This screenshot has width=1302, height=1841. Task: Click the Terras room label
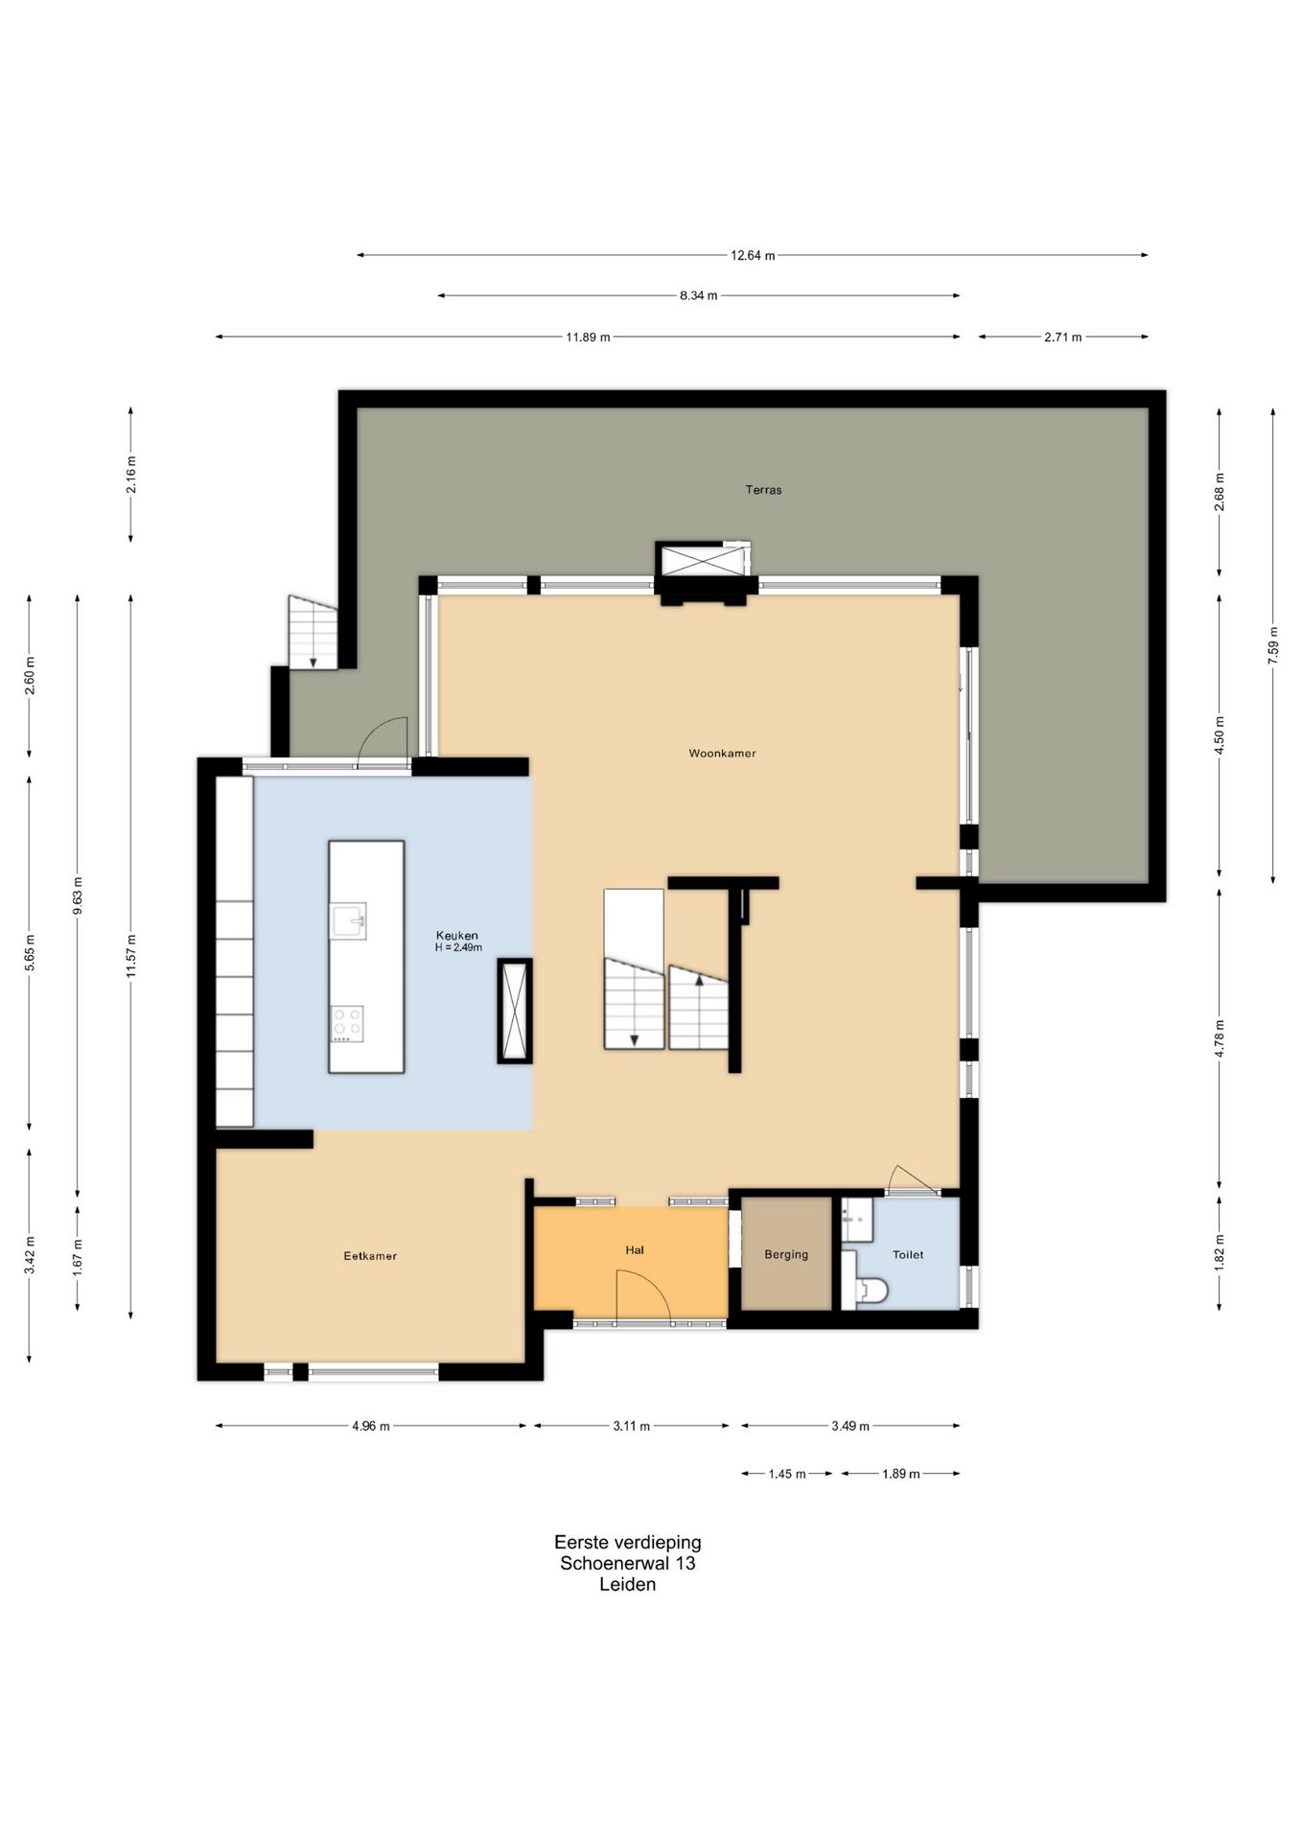tap(763, 490)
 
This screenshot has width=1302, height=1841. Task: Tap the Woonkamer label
tap(722, 754)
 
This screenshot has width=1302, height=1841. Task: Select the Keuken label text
tap(456, 936)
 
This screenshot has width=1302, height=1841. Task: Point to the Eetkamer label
tap(370, 1256)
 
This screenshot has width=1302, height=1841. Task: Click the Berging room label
tap(786, 1254)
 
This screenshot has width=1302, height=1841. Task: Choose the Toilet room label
tap(908, 1254)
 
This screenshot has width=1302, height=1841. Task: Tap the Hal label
tap(634, 1250)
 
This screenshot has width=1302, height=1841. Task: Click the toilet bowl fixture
tap(872, 1291)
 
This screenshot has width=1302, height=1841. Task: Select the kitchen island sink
tap(349, 920)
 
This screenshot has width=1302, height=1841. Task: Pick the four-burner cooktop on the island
tap(347, 1023)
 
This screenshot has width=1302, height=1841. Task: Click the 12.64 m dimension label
tap(753, 256)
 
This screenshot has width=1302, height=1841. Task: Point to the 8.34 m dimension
tap(699, 296)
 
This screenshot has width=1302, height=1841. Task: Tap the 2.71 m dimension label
tap(1063, 338)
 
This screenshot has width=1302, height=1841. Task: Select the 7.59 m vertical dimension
tap(1273, 645)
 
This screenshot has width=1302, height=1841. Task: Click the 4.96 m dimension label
tap(371, 1426)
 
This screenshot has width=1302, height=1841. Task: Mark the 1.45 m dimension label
tap(787, 1474)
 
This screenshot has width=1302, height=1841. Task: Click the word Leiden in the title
tap(628, 1584)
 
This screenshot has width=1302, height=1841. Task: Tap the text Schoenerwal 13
tap(628, 1563)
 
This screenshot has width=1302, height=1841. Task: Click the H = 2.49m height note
tap(458, 947)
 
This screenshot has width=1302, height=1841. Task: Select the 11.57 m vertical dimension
tap(131, 956)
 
